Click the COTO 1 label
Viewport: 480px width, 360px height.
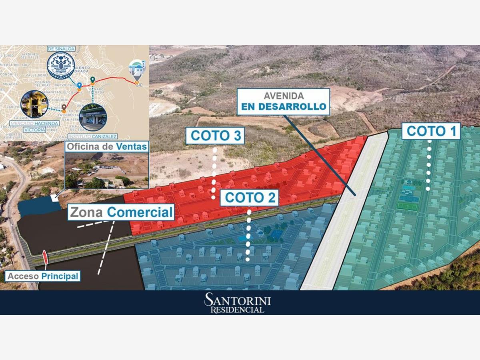pos(431,131)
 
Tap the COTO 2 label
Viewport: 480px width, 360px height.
pos(249,197)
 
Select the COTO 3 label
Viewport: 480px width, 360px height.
pos(215,136)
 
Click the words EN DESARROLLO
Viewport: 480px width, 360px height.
pos(283,107)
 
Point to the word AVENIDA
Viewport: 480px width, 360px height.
pos(284,96)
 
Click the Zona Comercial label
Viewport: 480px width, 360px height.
pos(121,212)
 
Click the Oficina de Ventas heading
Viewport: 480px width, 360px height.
pos(107,146)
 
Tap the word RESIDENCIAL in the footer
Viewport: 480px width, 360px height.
pos(238,310)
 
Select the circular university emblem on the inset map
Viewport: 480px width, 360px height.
pos(61,65)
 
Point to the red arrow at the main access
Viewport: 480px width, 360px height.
pos(45,257)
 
